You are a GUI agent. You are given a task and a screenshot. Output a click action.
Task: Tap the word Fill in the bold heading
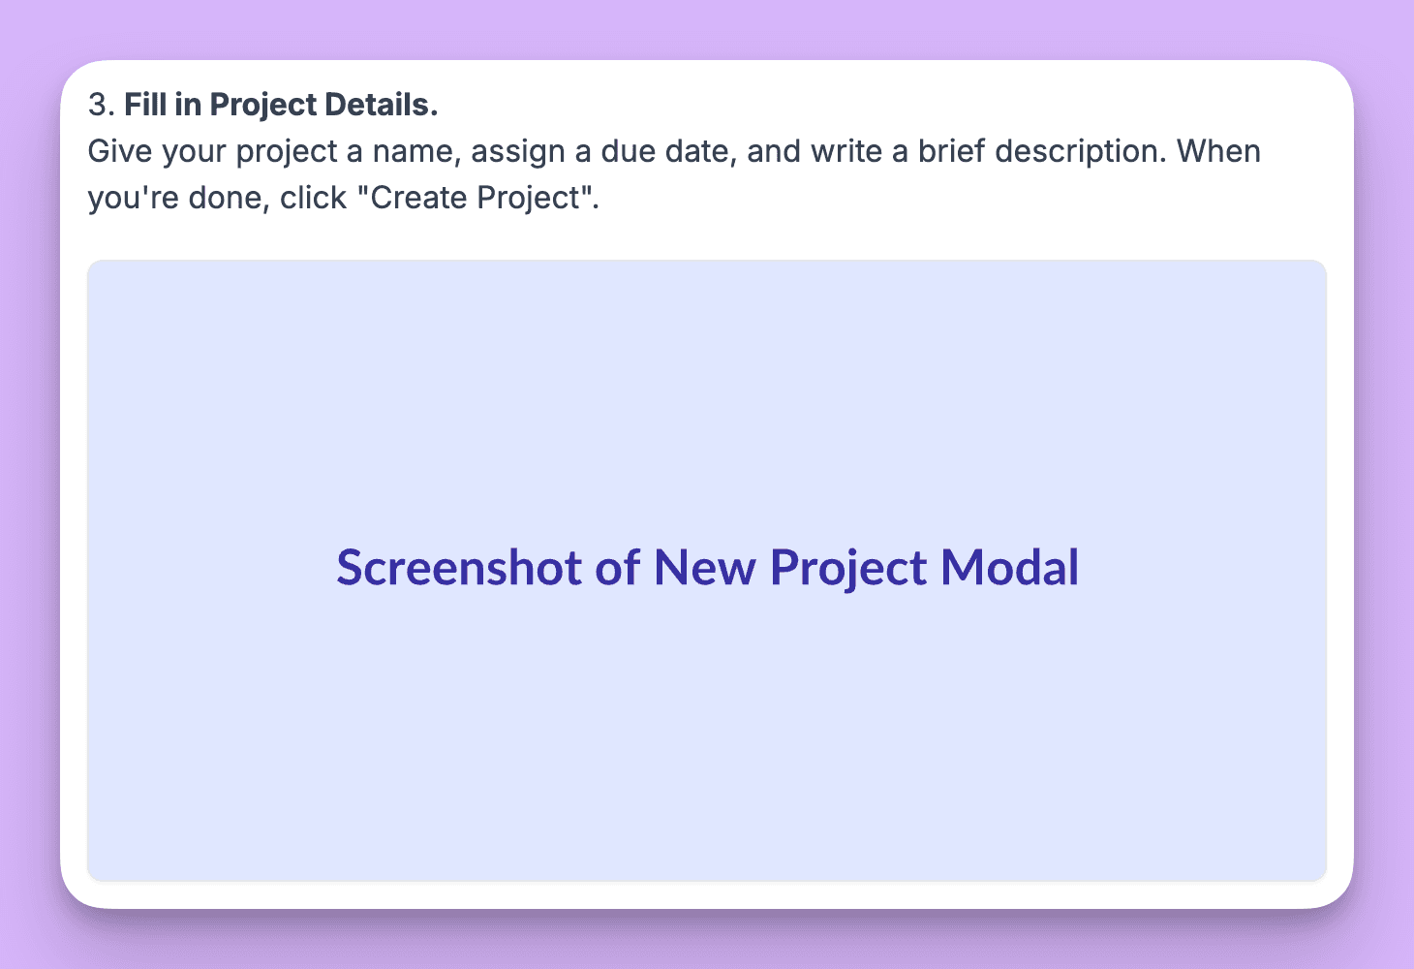[145, 105]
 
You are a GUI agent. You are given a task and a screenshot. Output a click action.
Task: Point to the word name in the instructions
[411, 152]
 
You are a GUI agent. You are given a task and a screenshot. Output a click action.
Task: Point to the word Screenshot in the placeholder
[458, 568]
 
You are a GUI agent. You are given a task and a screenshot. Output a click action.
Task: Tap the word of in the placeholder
[617, 568]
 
